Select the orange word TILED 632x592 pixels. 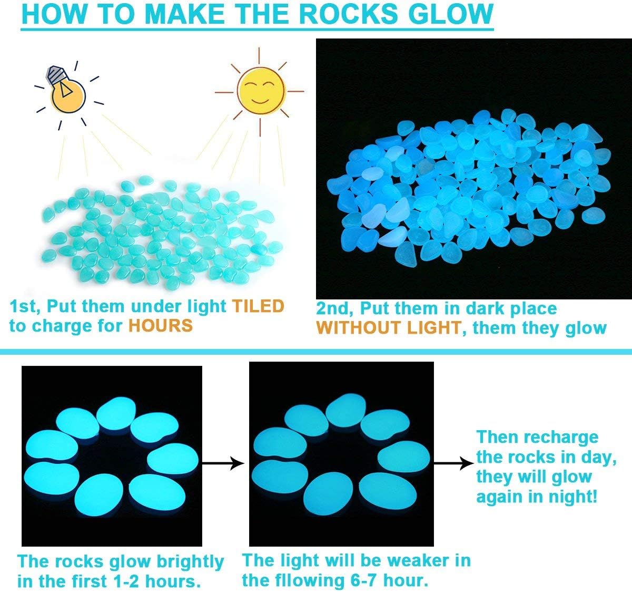258,306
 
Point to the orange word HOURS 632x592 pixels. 161,326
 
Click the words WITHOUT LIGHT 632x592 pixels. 389,328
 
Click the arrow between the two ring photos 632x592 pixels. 223,463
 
